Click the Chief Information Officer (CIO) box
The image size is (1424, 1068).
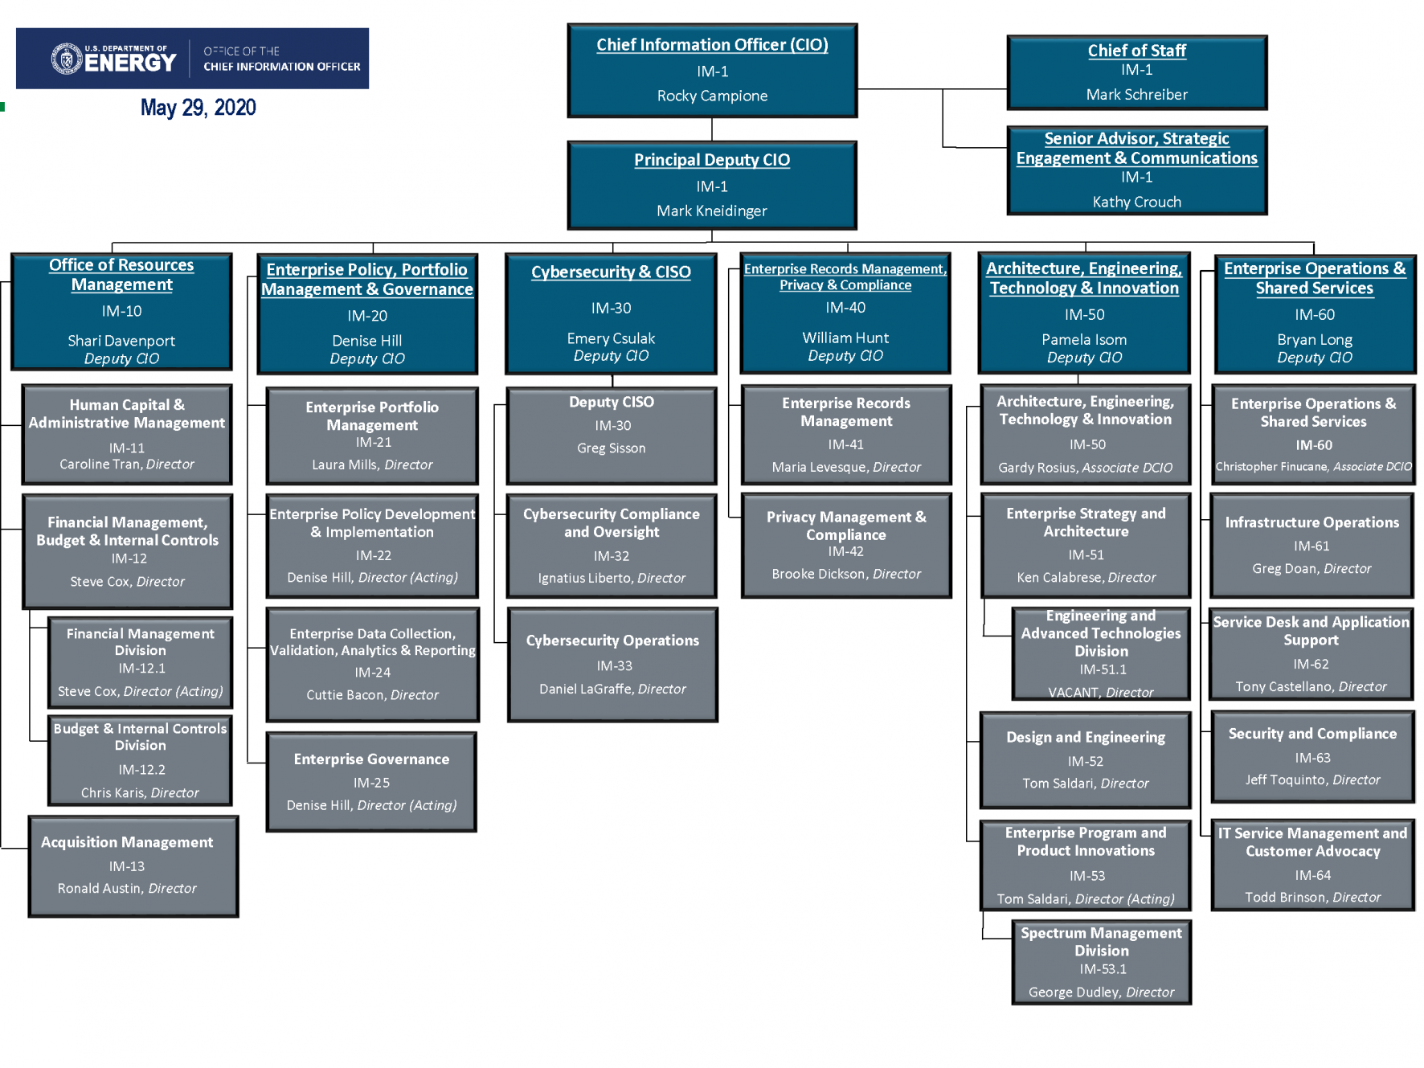tap(712, 71)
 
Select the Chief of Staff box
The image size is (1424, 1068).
tap(1136, 72)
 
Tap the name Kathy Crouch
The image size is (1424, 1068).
tap(1136, 202)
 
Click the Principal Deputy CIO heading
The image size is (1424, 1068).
tap(712, 160)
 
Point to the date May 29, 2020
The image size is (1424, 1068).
tap(198, 108)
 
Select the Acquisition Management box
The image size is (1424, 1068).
tap(133, 865)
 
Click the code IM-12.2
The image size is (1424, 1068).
tap(141, 769)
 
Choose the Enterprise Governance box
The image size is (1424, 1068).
tap(371, 781)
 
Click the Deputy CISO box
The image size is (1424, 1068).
tap(612, 435)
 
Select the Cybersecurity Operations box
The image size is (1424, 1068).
tap(612, 665)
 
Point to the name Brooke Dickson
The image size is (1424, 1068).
tap(819, 574)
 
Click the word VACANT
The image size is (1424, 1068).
tap(1073, 692)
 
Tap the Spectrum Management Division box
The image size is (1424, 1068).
tap(1101, 962)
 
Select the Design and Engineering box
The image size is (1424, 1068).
tap(1085, 759)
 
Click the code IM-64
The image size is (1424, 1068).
tap(1312, 875)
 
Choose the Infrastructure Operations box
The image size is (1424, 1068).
tap(1311, 545)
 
